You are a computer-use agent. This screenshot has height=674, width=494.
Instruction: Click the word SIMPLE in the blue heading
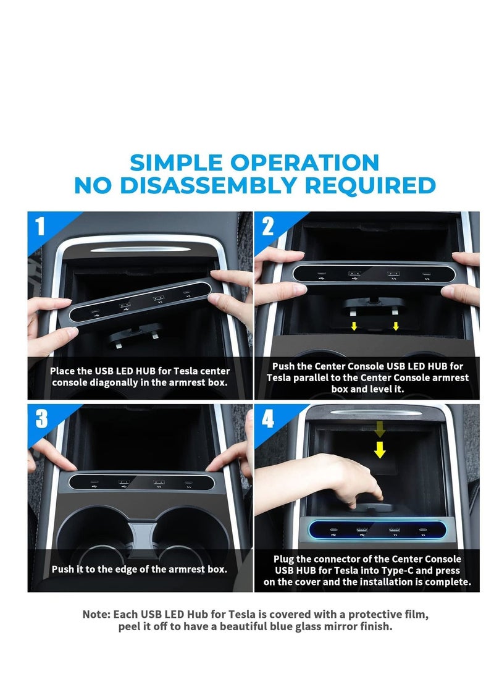coord(176,163)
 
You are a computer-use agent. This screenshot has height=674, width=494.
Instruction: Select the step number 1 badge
coord(40,226)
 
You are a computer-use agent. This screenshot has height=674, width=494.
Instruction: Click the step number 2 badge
coord(267,226)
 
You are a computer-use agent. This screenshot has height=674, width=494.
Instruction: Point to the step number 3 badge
coord(41,418)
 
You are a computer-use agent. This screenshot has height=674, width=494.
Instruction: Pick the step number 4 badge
coord(267,418)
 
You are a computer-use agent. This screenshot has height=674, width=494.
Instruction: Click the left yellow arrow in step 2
coord(354,326)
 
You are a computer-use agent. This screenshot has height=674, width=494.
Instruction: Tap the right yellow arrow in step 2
coord(396,326)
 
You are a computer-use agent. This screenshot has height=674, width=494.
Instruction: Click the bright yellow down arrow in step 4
coord(380,449)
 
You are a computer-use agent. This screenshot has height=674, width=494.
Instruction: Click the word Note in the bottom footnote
coord(96,615)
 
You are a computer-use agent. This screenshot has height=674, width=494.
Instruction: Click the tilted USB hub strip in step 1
coord(140,301)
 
